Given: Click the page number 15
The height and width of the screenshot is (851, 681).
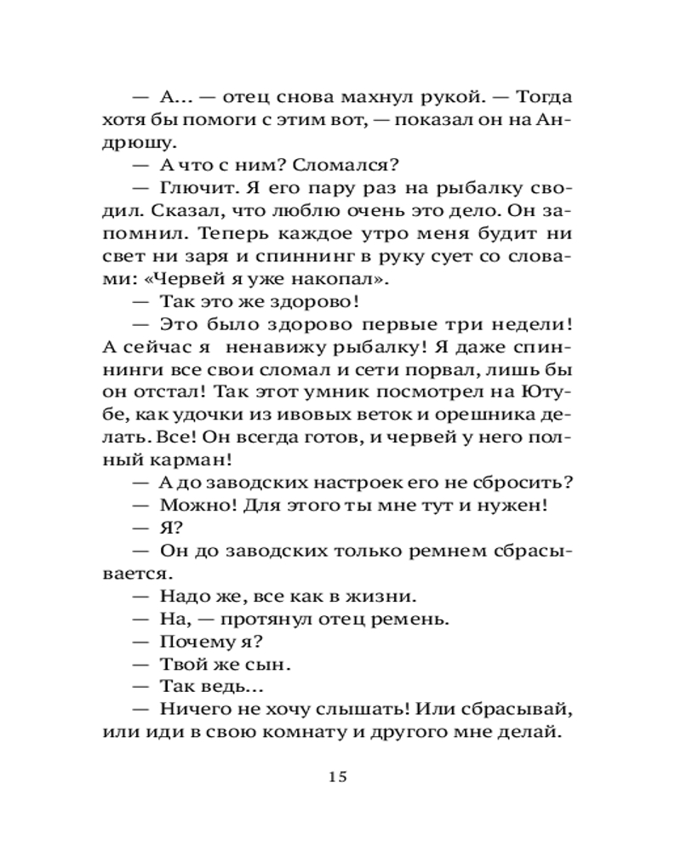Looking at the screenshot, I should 338,776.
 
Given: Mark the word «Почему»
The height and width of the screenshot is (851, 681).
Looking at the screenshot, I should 194,640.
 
